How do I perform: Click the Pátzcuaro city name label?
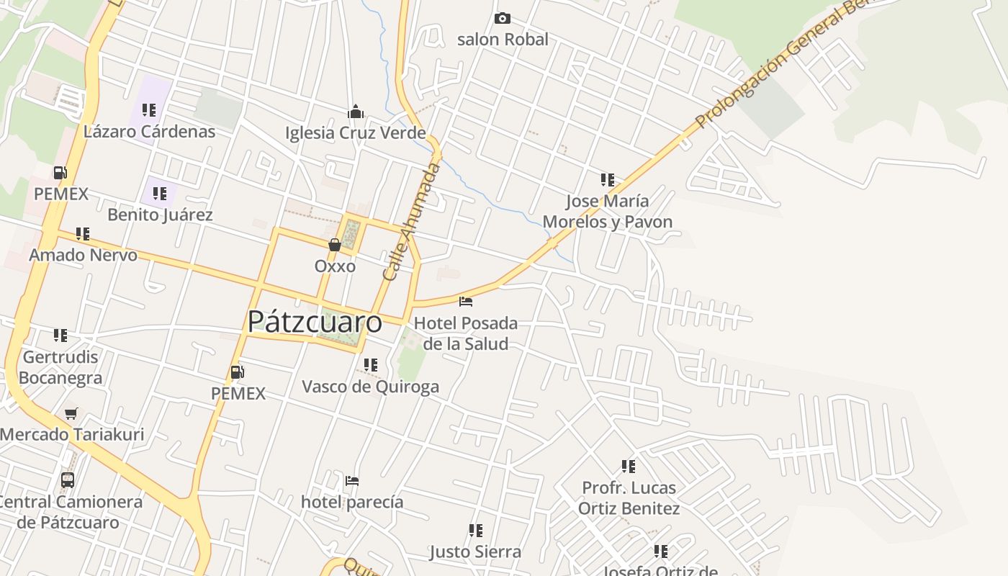point(315,321)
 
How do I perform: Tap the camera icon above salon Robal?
point(503,19)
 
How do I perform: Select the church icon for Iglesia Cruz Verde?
point(356,112)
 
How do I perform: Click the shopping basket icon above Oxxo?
point(335,245)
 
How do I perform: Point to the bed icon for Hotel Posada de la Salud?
point(466,301)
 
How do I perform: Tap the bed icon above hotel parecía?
point(352,480)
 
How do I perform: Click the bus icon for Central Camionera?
point(68,480)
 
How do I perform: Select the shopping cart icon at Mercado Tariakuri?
point(71,413)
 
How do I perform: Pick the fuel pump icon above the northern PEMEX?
point(60,173)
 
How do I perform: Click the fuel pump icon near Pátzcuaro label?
point(237,372)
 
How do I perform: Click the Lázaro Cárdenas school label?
point(149,132)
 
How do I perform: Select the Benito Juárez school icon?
point(160,194)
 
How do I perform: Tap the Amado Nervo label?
point(83,255)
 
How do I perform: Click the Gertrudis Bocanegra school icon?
point(60,336)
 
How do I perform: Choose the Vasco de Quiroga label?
point(370,387)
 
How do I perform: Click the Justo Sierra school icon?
point(475,531)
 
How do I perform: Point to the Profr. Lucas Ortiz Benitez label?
point(629,498)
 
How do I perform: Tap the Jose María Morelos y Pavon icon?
point(608,180)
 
